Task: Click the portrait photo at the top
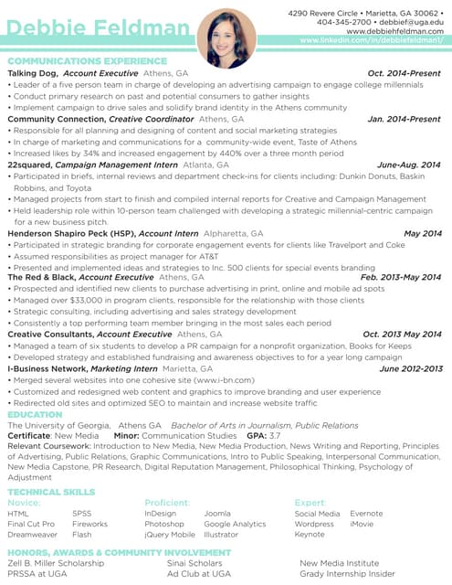226,38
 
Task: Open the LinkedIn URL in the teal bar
372,41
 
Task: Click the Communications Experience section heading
87,61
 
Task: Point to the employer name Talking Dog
33,72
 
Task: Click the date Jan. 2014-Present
404,119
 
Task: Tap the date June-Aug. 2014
408,165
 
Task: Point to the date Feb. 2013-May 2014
400,277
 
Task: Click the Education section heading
35,415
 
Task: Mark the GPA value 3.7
275,437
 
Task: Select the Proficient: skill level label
167,503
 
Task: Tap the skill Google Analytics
235,525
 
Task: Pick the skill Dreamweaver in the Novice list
32,535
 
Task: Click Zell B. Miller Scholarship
56,564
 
